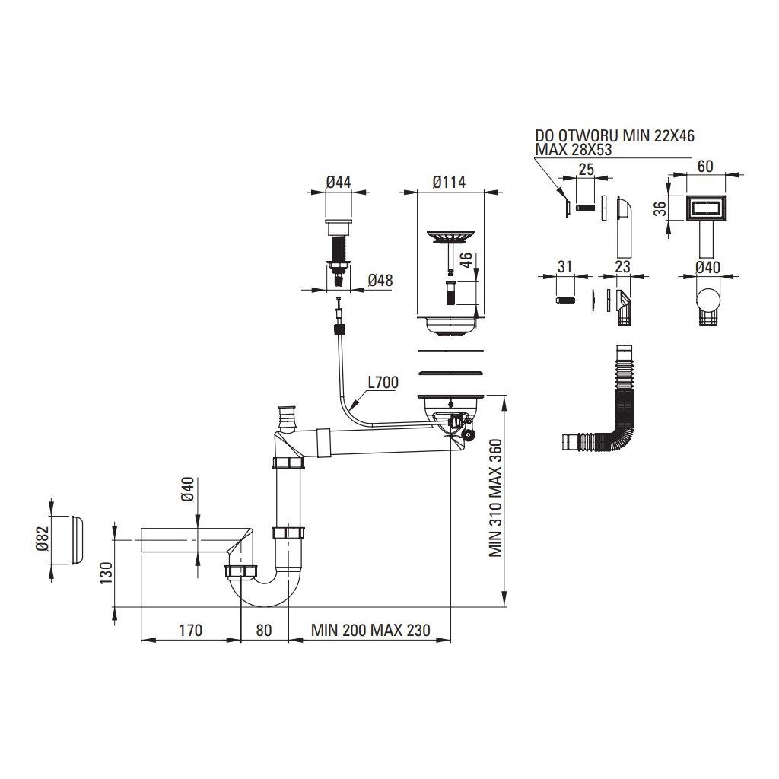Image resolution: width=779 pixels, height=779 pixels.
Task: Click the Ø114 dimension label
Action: (x=448, y=183)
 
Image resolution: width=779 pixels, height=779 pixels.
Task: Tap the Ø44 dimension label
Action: (x=338, y=183)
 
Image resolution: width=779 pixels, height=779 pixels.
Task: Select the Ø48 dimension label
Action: (x=380, y=281)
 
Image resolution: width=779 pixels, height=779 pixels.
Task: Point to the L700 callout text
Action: (x=382, y=383)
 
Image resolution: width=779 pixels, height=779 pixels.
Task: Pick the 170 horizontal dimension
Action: (x=190, y=630)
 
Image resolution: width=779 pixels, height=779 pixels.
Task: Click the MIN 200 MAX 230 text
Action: (x=370, y=630)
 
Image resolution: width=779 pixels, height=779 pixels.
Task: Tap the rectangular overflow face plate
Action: (x=706, y=207)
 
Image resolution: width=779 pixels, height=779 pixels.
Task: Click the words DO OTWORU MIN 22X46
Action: (x=615, y=137)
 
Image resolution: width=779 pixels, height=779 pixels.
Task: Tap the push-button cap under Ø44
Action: (x=338, y=226)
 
